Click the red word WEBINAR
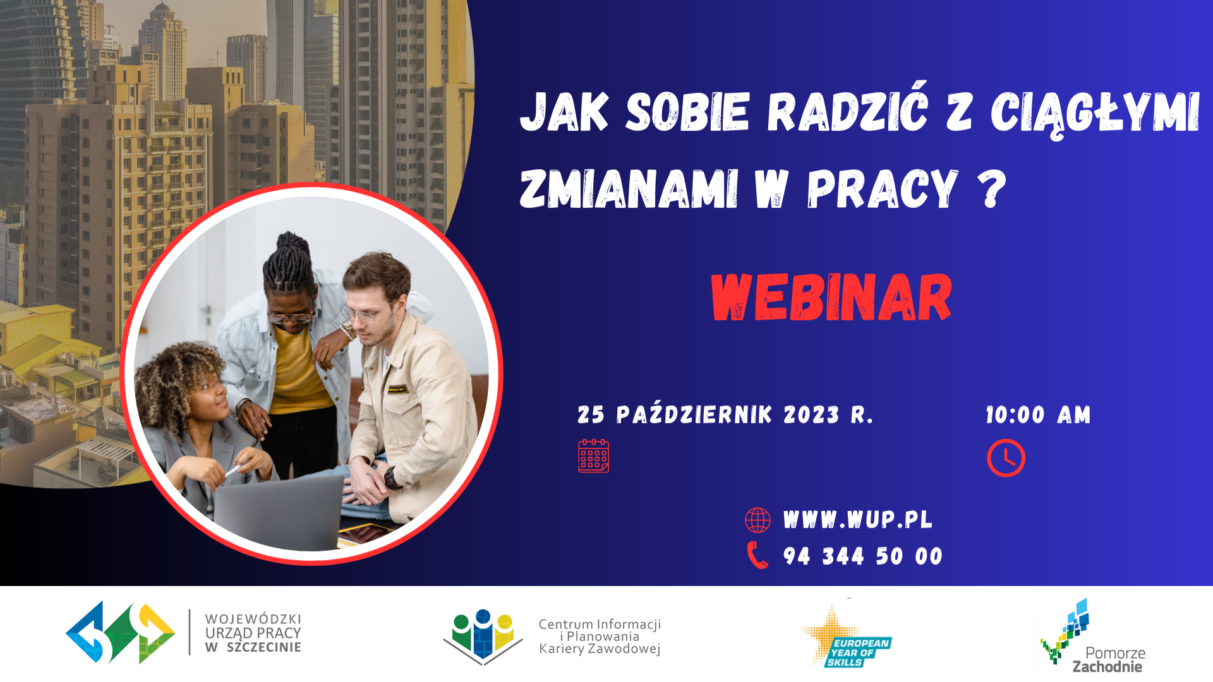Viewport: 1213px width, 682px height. (831, 297)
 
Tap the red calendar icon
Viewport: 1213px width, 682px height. (594, 456)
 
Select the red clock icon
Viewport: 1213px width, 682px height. (1006, 458)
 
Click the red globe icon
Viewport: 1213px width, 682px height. (757, 520)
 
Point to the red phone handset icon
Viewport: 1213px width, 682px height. (757, 556)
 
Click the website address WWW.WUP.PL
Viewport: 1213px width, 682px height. (857, 520)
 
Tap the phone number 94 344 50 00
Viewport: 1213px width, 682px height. (863, 556)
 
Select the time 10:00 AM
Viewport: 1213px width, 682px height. (1039, 415)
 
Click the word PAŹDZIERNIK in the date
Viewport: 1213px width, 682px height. (694, 414)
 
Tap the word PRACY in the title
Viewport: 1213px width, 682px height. (883, 188)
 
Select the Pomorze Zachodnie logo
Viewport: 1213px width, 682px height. (1094, 637)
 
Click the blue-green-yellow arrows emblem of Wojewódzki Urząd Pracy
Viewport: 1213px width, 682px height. (121, 633)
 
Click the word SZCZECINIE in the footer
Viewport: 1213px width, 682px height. (263, 647)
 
